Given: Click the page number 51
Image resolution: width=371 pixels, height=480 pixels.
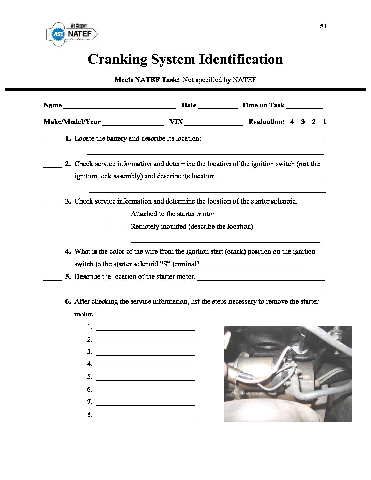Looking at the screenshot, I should click(x=323, y=26).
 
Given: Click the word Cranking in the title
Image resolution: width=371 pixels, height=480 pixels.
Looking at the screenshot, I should click(x=117, y=59).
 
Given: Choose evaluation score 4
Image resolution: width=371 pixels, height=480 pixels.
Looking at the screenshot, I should click(x=292, y=122).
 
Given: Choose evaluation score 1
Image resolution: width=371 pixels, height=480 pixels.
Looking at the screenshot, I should click(x=325, y=122).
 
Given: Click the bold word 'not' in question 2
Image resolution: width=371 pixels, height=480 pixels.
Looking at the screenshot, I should click(x=304, y=164).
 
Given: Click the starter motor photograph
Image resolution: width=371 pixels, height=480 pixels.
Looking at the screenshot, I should click(x=287, y=374).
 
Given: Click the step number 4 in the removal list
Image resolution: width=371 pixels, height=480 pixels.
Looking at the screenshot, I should click(x=90, y=364).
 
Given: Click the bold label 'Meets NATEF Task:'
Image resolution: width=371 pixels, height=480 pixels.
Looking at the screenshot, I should click(x=147, y=80).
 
